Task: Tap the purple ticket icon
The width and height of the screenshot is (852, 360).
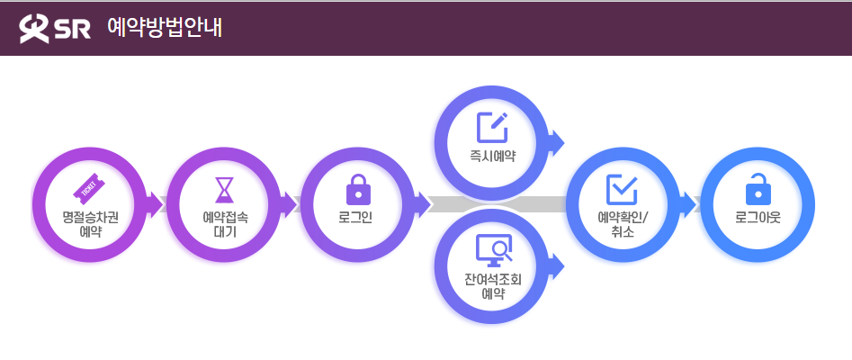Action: click(x=89, y=187)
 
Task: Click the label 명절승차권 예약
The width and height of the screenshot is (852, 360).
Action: click(x=89, y=223)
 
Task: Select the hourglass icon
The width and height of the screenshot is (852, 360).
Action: click(x=223, y=190)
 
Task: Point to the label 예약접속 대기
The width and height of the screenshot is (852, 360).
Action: click(x=223, y=223)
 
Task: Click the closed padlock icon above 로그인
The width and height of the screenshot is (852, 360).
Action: click(x=358, y=190)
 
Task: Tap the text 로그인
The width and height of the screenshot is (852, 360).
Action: click(x=358, y=217)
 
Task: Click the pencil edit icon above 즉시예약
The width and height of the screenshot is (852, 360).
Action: click(x=492, y=128)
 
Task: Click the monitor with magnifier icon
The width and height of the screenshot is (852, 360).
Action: click(x=492, y=249)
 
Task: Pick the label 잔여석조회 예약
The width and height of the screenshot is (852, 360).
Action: click(x=492, y=285)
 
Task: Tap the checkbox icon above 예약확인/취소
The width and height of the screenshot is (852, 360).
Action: click(x=623, y=190)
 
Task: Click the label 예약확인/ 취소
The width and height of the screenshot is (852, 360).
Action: click(x=623, y=224)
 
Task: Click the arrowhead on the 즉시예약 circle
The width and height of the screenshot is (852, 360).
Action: click(x=555, y=141)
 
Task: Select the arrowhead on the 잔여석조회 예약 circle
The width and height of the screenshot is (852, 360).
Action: click(x=555, y=265)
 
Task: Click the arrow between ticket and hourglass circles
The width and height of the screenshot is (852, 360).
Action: click(x=157, y=203)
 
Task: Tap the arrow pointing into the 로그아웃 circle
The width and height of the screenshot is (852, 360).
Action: click(x=689, y=203)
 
